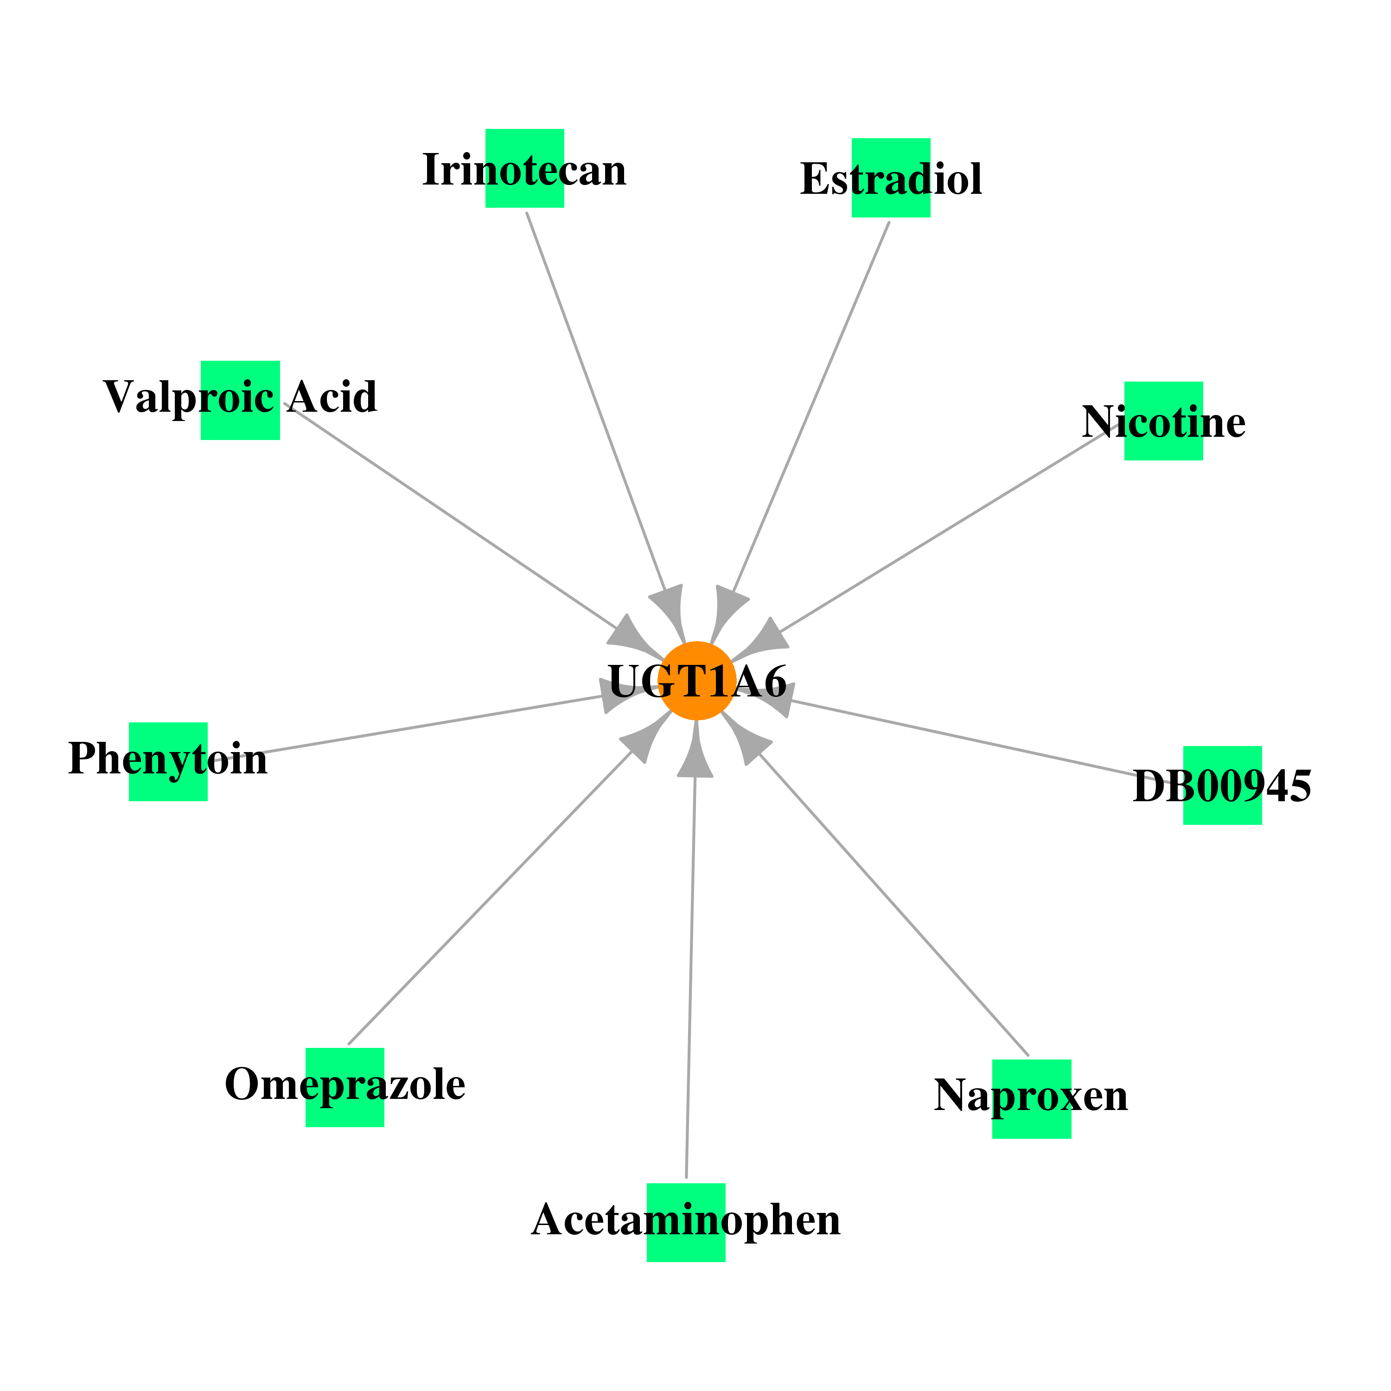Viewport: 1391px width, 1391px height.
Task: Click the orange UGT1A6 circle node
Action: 696,680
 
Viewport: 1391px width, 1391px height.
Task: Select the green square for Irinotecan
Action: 524,168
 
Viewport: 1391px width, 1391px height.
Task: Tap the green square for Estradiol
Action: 891,178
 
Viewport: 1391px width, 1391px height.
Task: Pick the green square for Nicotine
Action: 1163,421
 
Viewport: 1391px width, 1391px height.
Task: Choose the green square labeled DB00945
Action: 1223,785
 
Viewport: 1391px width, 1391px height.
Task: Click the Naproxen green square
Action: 1032,1099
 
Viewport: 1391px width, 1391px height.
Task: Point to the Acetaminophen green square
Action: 686,1223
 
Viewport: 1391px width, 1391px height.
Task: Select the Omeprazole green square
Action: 345,1087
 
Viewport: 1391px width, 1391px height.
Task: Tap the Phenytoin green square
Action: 168,762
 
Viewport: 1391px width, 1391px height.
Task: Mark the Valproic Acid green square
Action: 240,400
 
